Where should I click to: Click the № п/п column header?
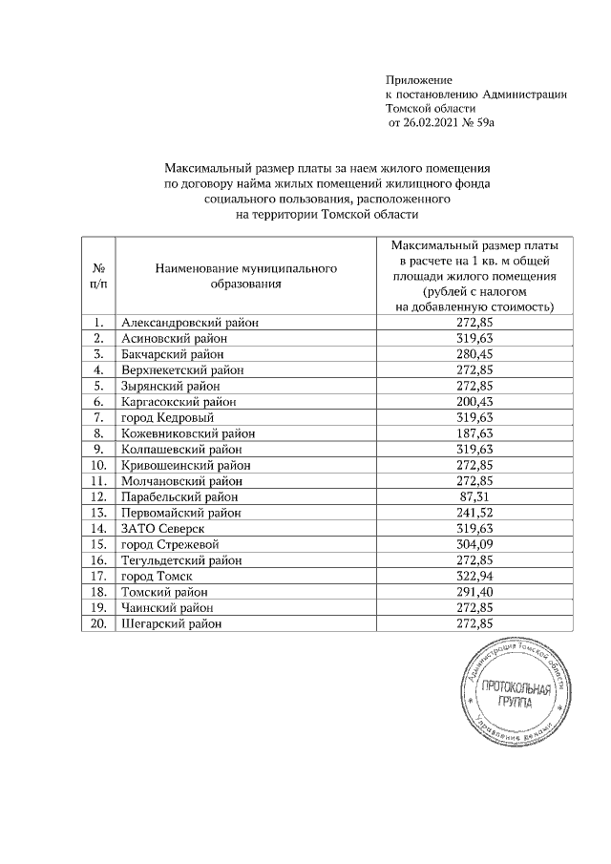tap(98, 275)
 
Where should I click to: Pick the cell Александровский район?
tap(190, 323)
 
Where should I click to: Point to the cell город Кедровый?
tap(167, 417)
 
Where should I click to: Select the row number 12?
tap(98, 496)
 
